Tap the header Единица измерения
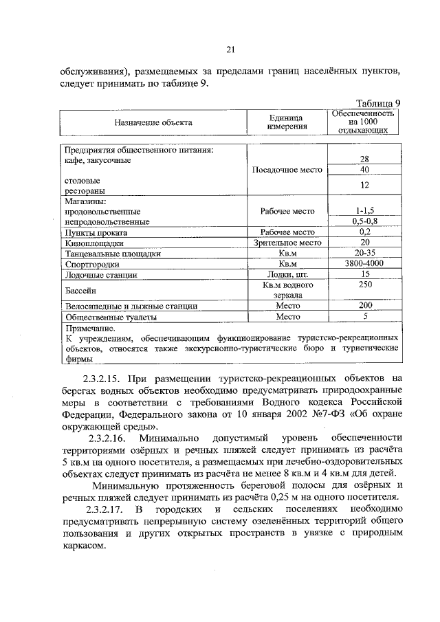287,122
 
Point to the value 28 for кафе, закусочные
364,159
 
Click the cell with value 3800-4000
364,263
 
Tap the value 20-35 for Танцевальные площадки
364,253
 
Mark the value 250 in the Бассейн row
364,285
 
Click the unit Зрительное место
287,243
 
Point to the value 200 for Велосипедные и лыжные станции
364,305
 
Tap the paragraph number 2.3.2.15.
104,377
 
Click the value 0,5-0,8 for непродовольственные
364,221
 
